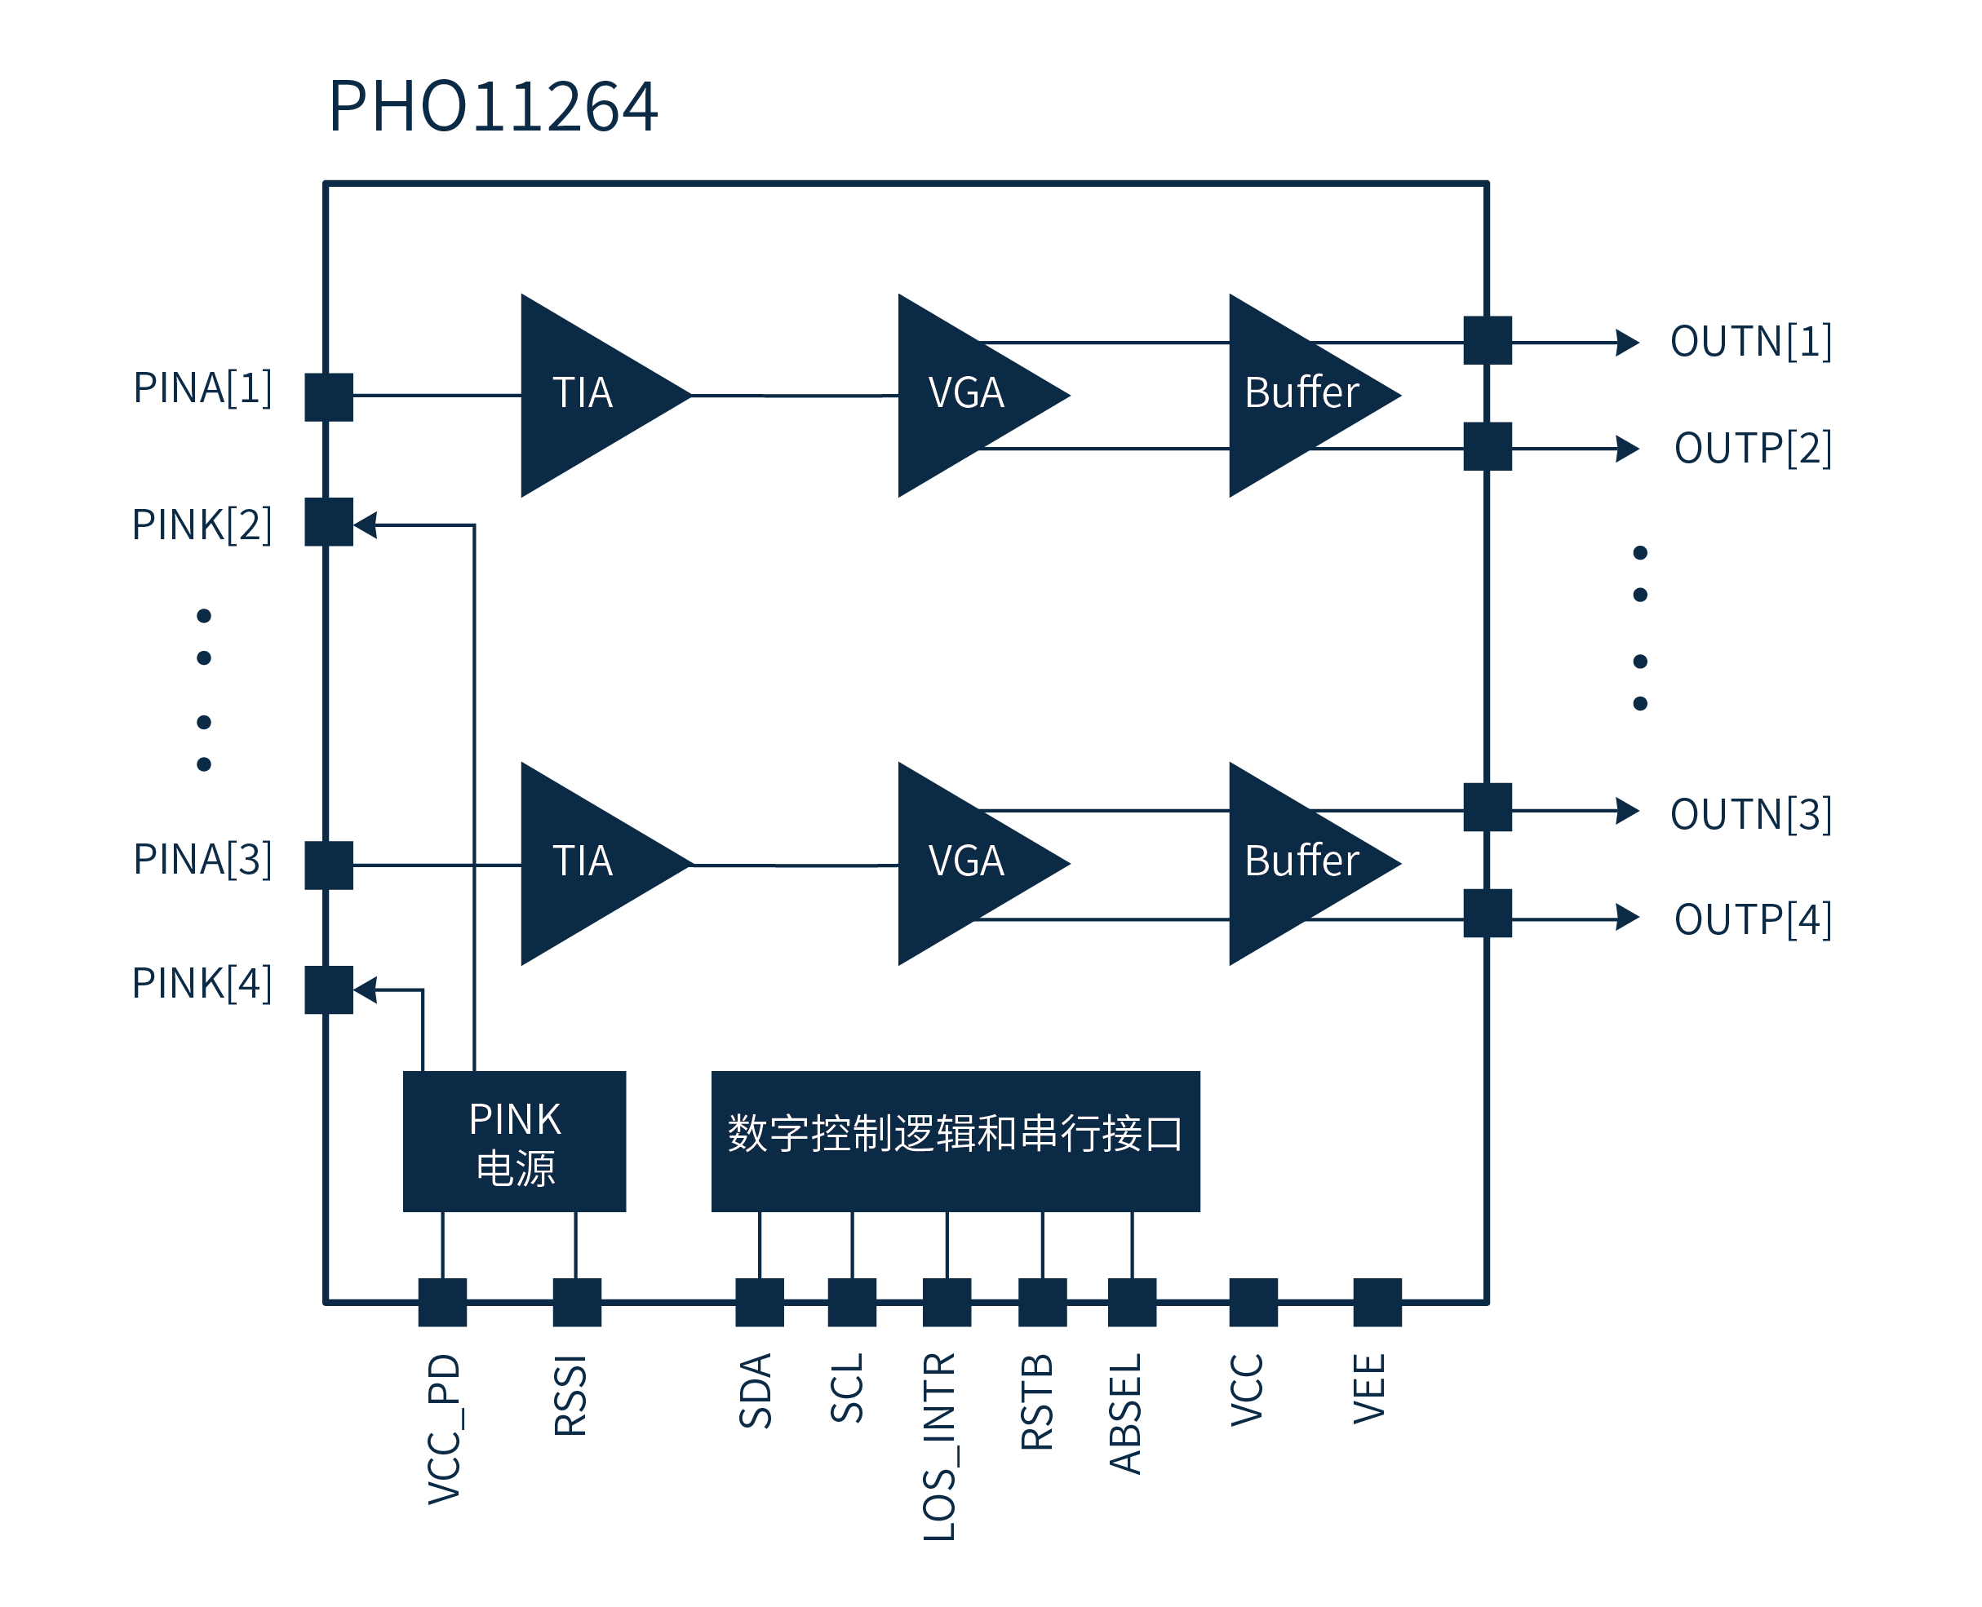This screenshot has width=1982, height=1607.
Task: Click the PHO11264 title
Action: [x=493, y=107]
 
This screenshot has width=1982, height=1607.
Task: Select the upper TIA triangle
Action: [x=592, y=396]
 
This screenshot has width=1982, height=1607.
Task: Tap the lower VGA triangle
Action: [x=972, y=863]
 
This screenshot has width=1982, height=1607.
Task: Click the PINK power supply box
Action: [x=515, y=1140]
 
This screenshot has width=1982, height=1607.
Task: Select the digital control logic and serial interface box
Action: [x=956, y=1140]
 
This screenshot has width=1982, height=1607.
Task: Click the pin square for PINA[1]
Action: [x=329, y=397]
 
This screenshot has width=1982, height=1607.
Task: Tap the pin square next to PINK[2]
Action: [x=329, y=522]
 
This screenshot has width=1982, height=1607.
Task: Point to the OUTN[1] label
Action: [x=1750, y=342]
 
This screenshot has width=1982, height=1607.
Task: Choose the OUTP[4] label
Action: [x=1753, y=919]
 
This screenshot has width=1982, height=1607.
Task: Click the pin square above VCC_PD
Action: [x=442, y=1303]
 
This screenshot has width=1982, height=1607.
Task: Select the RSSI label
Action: [x=570, y=1395]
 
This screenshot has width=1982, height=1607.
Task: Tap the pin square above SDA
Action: [x=759, y=1303]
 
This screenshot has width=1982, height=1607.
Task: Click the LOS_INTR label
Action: [x=940, y=1446]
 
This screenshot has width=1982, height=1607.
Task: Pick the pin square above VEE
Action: [x=1377, y=1303]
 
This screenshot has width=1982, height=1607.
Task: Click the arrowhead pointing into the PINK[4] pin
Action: [x=366, y=989]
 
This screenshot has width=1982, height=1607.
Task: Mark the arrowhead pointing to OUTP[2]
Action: [x=1627, y=449]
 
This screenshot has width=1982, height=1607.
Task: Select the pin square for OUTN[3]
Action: [x=1488, y=808]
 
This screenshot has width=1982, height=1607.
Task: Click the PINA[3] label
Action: [x=202, y=859]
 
